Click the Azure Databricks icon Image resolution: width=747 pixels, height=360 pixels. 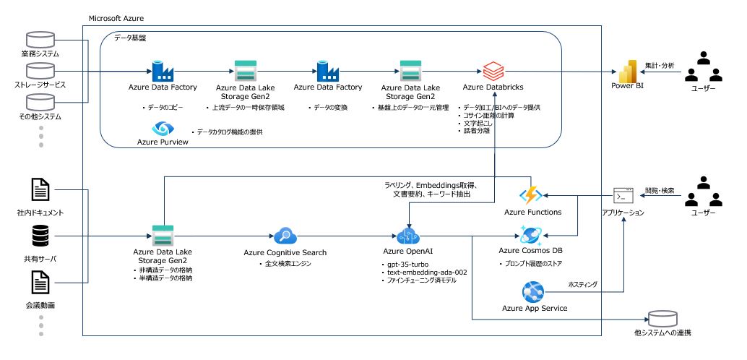493,72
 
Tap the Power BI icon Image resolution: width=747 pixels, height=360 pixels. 627,71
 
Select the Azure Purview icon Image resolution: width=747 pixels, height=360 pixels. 163,129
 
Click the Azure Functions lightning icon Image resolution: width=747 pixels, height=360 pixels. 531,195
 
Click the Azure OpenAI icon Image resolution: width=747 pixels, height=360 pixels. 407,236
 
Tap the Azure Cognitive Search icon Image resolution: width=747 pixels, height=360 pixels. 285,236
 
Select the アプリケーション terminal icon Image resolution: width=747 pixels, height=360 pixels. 623,196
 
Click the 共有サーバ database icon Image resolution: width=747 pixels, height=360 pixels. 40,236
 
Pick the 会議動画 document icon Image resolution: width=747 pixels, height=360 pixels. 40,283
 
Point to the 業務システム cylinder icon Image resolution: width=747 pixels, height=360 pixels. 40,39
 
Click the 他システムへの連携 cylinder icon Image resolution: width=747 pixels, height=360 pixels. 662,319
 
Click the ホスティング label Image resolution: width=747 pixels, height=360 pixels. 582,284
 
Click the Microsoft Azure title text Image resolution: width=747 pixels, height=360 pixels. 116,18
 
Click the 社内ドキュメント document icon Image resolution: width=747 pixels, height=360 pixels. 40,189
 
